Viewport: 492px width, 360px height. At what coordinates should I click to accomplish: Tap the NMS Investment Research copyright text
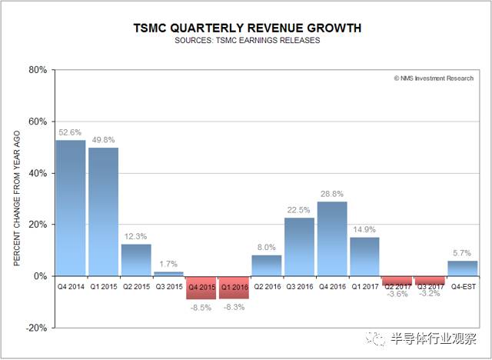(434, 78)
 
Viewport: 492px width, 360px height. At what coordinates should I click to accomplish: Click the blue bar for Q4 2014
(71, 208)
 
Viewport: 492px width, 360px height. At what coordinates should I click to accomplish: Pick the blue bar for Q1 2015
(104, 212)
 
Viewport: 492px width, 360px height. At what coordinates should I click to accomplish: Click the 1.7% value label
(168, 265)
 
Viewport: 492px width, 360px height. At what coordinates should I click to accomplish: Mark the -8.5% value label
(201, 306)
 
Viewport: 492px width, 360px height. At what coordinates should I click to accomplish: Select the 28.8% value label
(332, 195)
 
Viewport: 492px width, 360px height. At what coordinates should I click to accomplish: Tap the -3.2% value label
(430, 293)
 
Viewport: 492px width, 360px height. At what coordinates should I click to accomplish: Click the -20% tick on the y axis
(37, 328)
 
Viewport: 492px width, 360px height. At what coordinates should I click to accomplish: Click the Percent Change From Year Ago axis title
(17, 198)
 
